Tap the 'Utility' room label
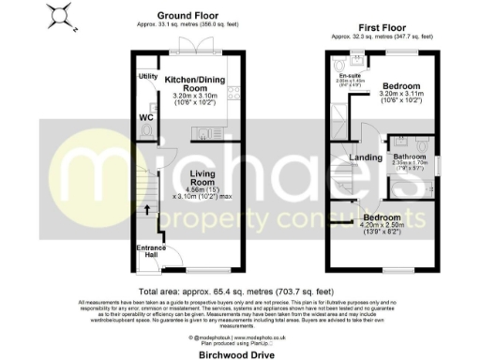tap(147, 76)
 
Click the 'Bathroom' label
tap(410, 156)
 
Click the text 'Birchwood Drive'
tap(238, 356)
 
